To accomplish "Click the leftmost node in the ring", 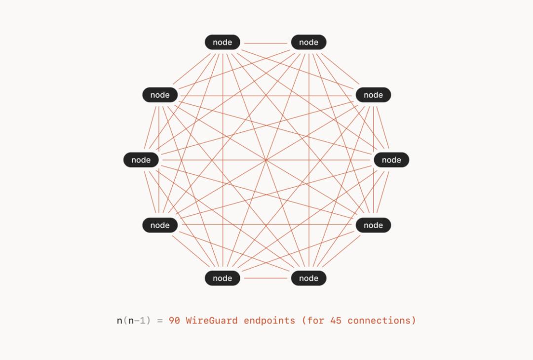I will tap(141, 160).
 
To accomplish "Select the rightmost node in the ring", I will tap(391, 160).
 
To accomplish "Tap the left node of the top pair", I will tap(222, 42).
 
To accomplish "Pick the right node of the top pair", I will tap(308, 42).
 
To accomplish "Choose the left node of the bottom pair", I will tap(222, 278).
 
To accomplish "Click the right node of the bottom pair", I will tap(308, 278).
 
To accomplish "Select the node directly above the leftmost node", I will tap(160, 95).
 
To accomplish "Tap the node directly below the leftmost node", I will tap(160, 225).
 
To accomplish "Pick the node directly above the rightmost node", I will tap(373, 95).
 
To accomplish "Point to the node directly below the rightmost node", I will tap(373, 225).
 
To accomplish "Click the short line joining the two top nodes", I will tap(266, 43).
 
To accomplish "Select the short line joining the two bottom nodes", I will tap(266, 278).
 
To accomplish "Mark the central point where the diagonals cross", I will tap(266, 160).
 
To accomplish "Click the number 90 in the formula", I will tap(174, 320).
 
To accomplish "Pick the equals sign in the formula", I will tap(160, 320).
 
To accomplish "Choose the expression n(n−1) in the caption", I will tap(134, 320).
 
